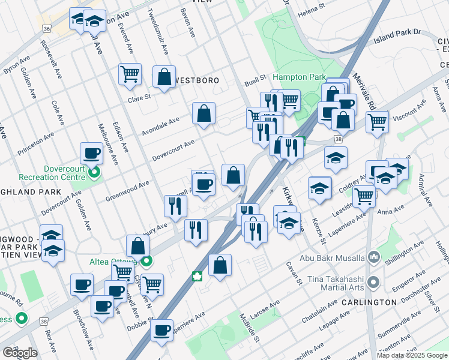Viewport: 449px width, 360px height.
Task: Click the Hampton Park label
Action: click(298, 77)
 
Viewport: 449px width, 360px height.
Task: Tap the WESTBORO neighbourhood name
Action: click(196, 80)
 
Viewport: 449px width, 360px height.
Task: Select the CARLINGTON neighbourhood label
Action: click(369, 302)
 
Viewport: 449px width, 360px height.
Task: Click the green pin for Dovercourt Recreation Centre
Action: click(94, 174)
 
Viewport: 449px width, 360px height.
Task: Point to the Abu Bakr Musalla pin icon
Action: click(373, 258)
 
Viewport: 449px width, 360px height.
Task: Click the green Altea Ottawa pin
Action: click(146, 261)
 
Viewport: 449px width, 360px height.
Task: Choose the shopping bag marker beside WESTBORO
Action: click(164, 77)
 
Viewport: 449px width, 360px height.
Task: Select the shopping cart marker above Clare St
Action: click(130, 74)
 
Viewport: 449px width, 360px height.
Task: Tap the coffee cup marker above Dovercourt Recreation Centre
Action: click(91, 154)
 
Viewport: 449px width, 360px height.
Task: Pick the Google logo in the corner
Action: click(20, 353)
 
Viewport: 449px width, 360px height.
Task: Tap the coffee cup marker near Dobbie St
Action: click(161, 330)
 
